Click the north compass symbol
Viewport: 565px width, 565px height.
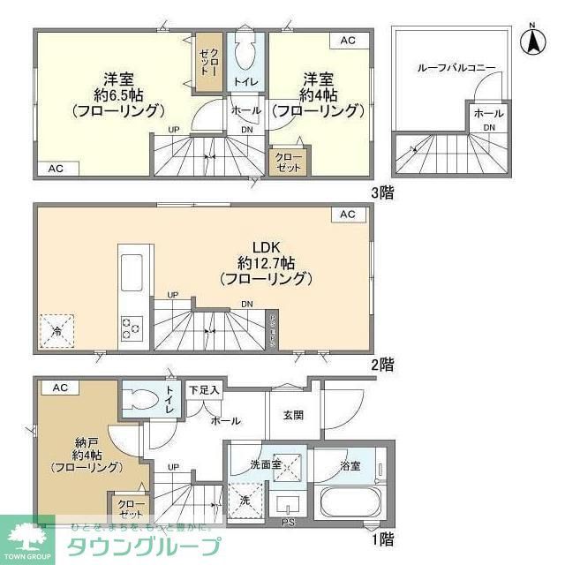point(532,41)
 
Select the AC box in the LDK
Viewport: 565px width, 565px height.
point(348,215)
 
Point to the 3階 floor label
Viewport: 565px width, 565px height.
point(381,192)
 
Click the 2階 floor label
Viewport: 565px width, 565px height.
point(381,363)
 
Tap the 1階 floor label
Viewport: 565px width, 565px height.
point(381,538)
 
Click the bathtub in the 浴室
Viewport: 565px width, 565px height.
point(349,507)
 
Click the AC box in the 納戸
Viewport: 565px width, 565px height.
point(60,388)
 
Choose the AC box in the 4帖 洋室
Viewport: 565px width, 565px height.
point(348,41)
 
